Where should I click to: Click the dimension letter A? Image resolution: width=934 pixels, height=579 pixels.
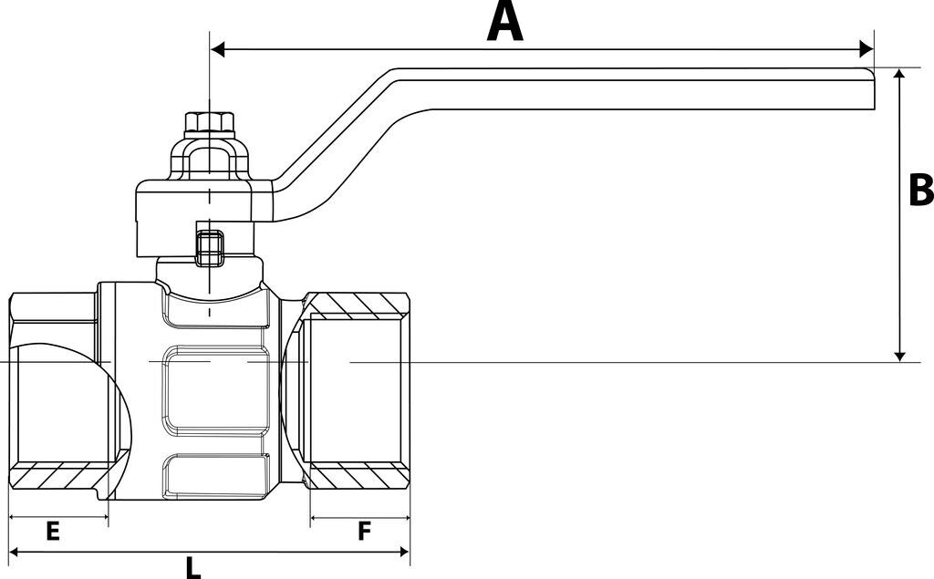[505, 22]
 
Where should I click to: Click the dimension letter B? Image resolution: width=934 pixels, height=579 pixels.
[920, 191]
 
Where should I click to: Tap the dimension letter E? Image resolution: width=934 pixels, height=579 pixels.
[52, 532]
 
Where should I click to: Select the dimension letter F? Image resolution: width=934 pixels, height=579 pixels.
[364, 532]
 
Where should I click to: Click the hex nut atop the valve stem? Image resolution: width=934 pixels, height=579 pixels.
[211, 121]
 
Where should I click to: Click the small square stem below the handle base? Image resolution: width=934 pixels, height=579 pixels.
[210, 245]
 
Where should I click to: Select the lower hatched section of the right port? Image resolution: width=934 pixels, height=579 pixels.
[358, 475]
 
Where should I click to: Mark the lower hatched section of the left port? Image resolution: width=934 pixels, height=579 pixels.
[55, 474]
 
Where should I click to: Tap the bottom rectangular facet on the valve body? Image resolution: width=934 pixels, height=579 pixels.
[217, 475]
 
